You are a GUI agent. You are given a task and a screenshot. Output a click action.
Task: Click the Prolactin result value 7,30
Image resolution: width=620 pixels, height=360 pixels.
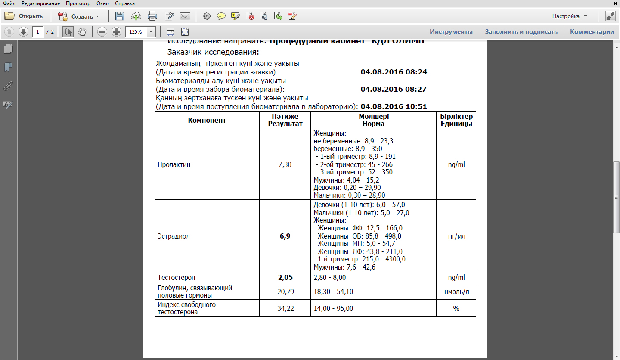(x=285, y=164)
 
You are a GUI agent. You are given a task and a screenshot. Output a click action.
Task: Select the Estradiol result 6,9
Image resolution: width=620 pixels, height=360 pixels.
(x=285, y=236)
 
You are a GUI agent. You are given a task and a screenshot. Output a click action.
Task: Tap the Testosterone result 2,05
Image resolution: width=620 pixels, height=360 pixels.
(x=285, y=277)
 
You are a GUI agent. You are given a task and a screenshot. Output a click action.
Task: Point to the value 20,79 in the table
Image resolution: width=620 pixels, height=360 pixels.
(x=285, y=292)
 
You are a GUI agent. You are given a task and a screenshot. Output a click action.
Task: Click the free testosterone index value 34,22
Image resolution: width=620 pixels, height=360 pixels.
(x=285, y=308)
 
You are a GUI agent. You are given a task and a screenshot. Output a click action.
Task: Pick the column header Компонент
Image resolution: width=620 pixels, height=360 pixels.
(x=207, y=120)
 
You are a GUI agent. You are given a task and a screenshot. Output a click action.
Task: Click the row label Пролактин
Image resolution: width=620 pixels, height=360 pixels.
(x=174, y=164)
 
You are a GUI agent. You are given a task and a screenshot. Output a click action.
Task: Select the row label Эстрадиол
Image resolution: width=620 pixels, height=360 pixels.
(x=174, y=236)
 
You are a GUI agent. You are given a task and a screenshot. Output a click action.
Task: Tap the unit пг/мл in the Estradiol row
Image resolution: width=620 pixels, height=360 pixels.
(x=456, y=236)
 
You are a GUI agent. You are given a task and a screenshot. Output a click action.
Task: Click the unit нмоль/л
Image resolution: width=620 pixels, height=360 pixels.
(x=456, y=292)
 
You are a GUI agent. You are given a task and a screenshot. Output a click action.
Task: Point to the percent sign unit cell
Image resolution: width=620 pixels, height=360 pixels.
(x=456, y=308)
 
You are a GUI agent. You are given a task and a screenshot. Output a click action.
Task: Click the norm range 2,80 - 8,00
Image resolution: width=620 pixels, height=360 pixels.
(x=330, y=277)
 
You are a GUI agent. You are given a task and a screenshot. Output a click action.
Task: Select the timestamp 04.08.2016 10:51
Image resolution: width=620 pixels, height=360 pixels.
(x=394, y=106)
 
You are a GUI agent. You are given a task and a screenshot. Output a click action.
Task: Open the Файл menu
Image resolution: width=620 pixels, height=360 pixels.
(x=9, y=3)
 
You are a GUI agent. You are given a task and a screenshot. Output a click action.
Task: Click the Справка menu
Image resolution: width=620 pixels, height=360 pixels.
(x=125, y=3)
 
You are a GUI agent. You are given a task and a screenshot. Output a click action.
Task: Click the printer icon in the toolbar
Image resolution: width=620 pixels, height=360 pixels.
(x=152, y=16)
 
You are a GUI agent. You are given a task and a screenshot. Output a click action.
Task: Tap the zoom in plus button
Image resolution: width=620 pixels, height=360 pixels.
(x=116, y=31)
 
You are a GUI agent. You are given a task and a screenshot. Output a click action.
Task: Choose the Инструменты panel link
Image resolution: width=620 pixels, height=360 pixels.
(x=451, y=31)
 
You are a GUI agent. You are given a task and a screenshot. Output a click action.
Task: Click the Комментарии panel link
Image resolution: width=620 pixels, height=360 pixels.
(x=592, y=31)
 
